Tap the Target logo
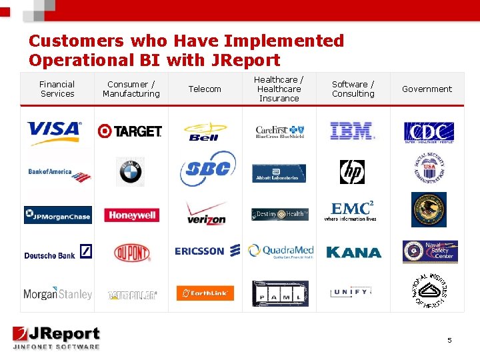pyautogui.click(x=130, y=131)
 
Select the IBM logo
pyautogui.click(x=352, y=131)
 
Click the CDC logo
pyautogui.click(x=428, y=131)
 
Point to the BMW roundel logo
pyautogui.click(x=130, y=171)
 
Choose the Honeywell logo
pyautogui.click(x=130, y=215)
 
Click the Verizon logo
pyautogui.click(x=206, y=213)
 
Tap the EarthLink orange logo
pyautogui.click(x=205, y=293)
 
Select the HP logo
pyautogui.click(x=352, y=172)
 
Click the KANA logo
pyautogui.click(x=353, y=253)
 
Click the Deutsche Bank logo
pyautogui.click(x=58, y=253)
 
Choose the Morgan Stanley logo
pyautogui.click(x=57, y=293)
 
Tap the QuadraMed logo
pyautogui.click(x=281, y=251)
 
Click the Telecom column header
pyautogui.click(x=205, y=89)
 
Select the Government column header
pyautogui.click(x=427, y=89)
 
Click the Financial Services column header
pyautogui.click(x=57, y=89)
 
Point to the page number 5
pyautogui.click(x=449, y=340)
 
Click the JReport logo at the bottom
pyautogui.click(x=57, y=337)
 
